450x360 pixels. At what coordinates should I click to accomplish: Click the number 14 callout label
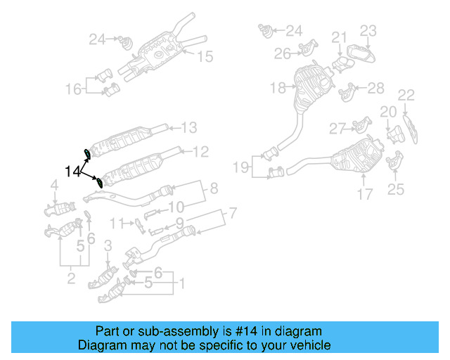(x=72, y=171)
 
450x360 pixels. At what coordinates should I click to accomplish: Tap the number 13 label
(x=189, y=127)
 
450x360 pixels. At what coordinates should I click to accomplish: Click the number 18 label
(x=278, y=88)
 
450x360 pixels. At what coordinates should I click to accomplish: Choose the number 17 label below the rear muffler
(x=364, y=194)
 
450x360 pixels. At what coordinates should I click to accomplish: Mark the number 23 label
(x=369, y=30)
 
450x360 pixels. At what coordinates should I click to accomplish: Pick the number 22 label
(x=406, y=95)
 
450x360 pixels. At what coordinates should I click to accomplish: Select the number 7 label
(x=233, y=213)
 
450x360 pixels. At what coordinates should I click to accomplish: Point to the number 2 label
(x=71, y=280)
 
